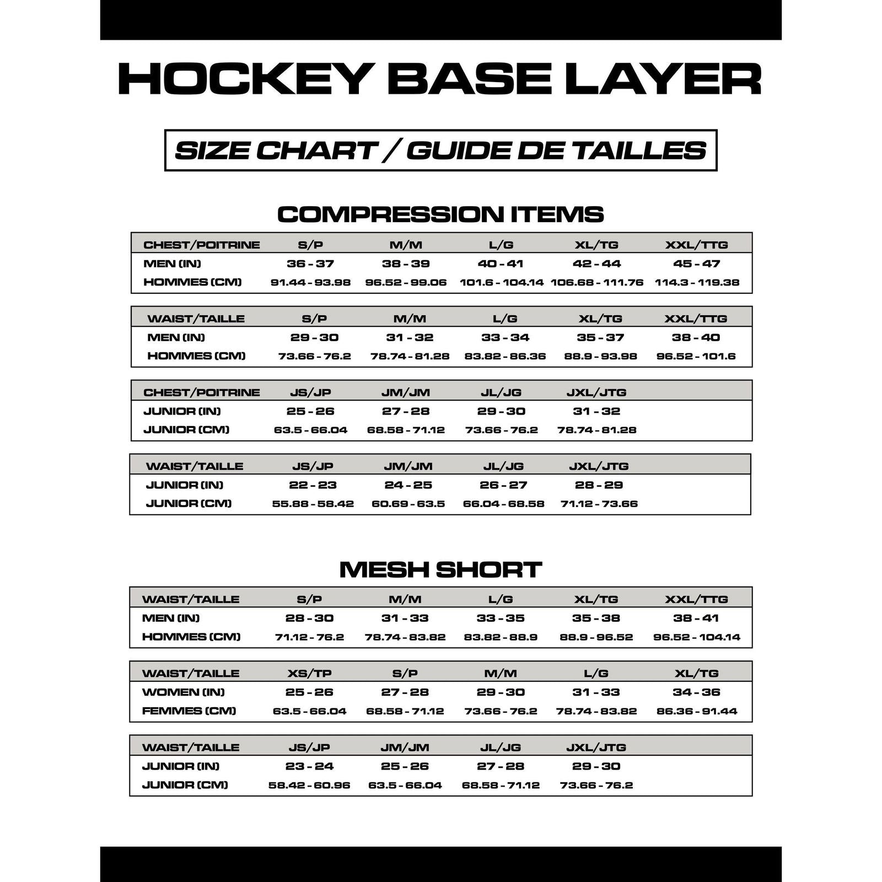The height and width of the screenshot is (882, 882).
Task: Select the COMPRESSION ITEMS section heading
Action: click(440, 214)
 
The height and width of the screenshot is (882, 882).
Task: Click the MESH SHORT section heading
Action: click(440, 569)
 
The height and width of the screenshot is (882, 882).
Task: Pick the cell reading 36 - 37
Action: click(310, 263)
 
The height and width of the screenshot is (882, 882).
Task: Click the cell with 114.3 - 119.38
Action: click(697, 282)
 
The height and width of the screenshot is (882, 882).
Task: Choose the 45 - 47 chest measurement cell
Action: click(697, 263)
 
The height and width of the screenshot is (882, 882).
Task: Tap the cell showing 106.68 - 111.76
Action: click(597, 282)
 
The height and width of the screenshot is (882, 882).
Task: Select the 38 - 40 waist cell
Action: click(696, 337)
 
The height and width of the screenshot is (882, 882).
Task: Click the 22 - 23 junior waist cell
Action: click(313, 485)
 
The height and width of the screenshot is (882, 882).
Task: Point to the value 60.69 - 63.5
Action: click(408, 504)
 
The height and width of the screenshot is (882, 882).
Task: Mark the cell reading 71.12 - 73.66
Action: click(599, 504)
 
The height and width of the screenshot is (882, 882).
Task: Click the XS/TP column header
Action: click(309, 673)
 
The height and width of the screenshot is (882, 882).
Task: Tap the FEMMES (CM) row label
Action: click(189, 711)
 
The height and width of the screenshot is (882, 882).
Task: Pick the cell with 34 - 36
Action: click(697, 692)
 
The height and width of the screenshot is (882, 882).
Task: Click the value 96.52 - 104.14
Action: click(697, 637)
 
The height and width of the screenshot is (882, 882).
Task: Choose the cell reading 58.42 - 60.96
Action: click(309, 785)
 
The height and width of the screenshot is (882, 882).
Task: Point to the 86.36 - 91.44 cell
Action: click(697, 711)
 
